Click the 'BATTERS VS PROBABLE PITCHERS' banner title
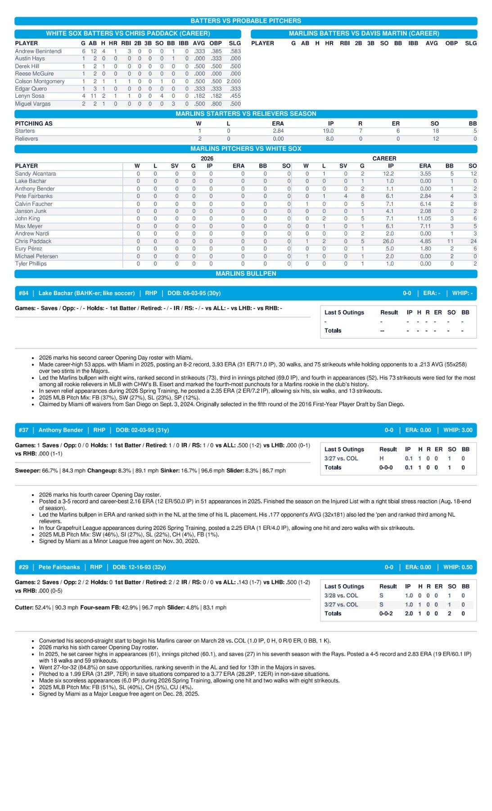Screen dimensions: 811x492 (x=246, y=21)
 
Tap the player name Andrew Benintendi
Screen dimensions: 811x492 (x=38, y=51)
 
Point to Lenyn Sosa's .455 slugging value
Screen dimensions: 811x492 (x=235, y=96)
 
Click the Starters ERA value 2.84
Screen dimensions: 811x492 (x=278, y=131)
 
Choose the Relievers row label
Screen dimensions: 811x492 (x=27, y=139)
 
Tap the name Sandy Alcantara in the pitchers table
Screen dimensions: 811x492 (x=36, y=173)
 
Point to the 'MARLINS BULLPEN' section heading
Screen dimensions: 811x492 (x=246, y=273)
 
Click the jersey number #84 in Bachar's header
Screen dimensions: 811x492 (x=23, y=293)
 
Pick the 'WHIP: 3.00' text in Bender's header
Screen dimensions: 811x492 (x=458, y=430)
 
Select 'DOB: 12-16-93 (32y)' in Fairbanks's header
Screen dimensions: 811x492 (x=139, y=567)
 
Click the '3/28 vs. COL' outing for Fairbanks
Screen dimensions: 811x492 (x=341, y=595)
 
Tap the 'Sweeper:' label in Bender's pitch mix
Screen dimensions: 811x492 (x=28, y=470)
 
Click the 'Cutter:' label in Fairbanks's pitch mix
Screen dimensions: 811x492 (x=24, y=607)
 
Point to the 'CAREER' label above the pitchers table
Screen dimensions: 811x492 (x=384, y=158)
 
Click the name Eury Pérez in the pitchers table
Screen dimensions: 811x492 (x=28, y=248)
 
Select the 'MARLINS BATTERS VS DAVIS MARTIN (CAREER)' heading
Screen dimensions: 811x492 (x=364, y=33)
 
